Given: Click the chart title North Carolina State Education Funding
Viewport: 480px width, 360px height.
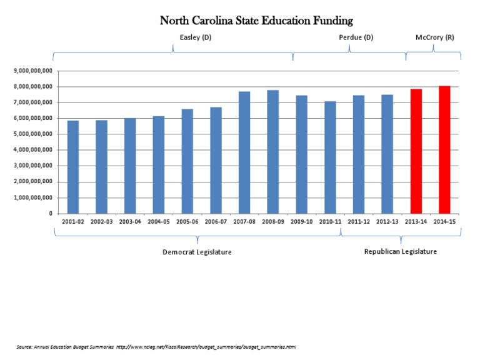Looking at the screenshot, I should click(256, 21).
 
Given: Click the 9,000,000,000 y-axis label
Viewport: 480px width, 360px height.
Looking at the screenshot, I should click(32, 71).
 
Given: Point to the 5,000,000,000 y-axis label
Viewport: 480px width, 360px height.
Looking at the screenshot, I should click(32, 134).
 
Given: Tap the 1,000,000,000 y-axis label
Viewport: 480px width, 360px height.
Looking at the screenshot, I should click(32, 197).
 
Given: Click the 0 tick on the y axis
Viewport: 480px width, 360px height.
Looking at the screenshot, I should click(49, 214).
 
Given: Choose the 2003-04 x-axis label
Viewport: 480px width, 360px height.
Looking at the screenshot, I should click(130, 222).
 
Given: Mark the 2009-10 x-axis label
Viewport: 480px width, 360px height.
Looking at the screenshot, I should click(302, 222).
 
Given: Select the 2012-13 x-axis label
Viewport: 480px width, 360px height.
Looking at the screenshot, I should click(387, 222).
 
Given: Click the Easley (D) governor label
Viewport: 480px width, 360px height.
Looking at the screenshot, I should click(195, 37).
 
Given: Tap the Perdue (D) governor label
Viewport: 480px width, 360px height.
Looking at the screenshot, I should click(356, 37).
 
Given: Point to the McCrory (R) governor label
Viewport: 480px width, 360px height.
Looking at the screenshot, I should click(435, 37).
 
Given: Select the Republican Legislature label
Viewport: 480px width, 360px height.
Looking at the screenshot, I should click(401, 251).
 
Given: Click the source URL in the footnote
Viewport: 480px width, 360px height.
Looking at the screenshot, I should click(206, 346).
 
